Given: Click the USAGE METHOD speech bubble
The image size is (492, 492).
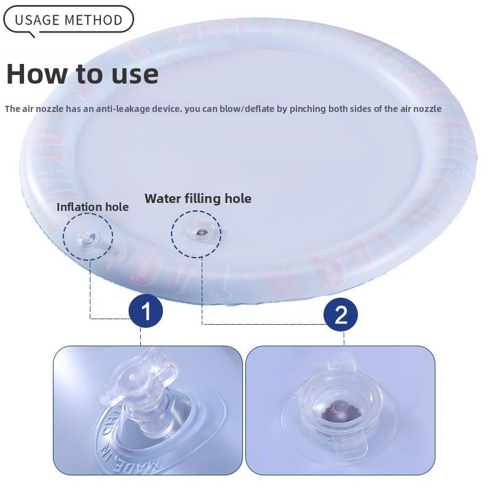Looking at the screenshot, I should pyautogui.click(x=68, y=20).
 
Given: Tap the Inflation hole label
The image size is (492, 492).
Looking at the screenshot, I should pyautogui.click(x=92, y=207).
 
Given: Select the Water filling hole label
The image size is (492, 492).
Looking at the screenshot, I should pyautogui.click(x=197, y=198).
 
